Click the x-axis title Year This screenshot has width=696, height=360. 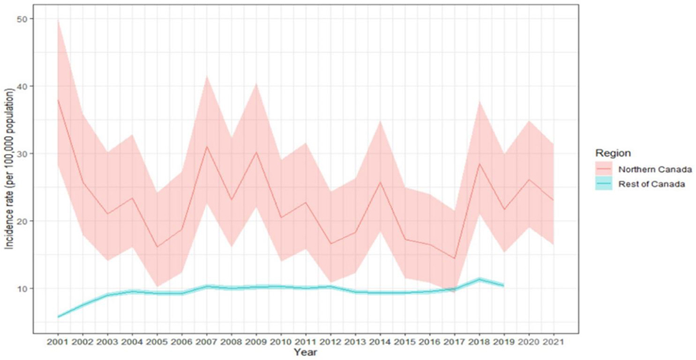point(305,352)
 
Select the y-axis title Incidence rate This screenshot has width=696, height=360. point(10,168)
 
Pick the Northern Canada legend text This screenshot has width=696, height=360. point(648,169)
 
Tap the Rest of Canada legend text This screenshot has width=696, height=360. point(644,184)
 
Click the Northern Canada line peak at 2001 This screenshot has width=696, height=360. point(59,100)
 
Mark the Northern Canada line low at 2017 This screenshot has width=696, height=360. point(454,259)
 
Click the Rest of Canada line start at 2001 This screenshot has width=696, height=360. point(59,317)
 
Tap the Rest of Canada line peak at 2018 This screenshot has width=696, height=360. point(478,279)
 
